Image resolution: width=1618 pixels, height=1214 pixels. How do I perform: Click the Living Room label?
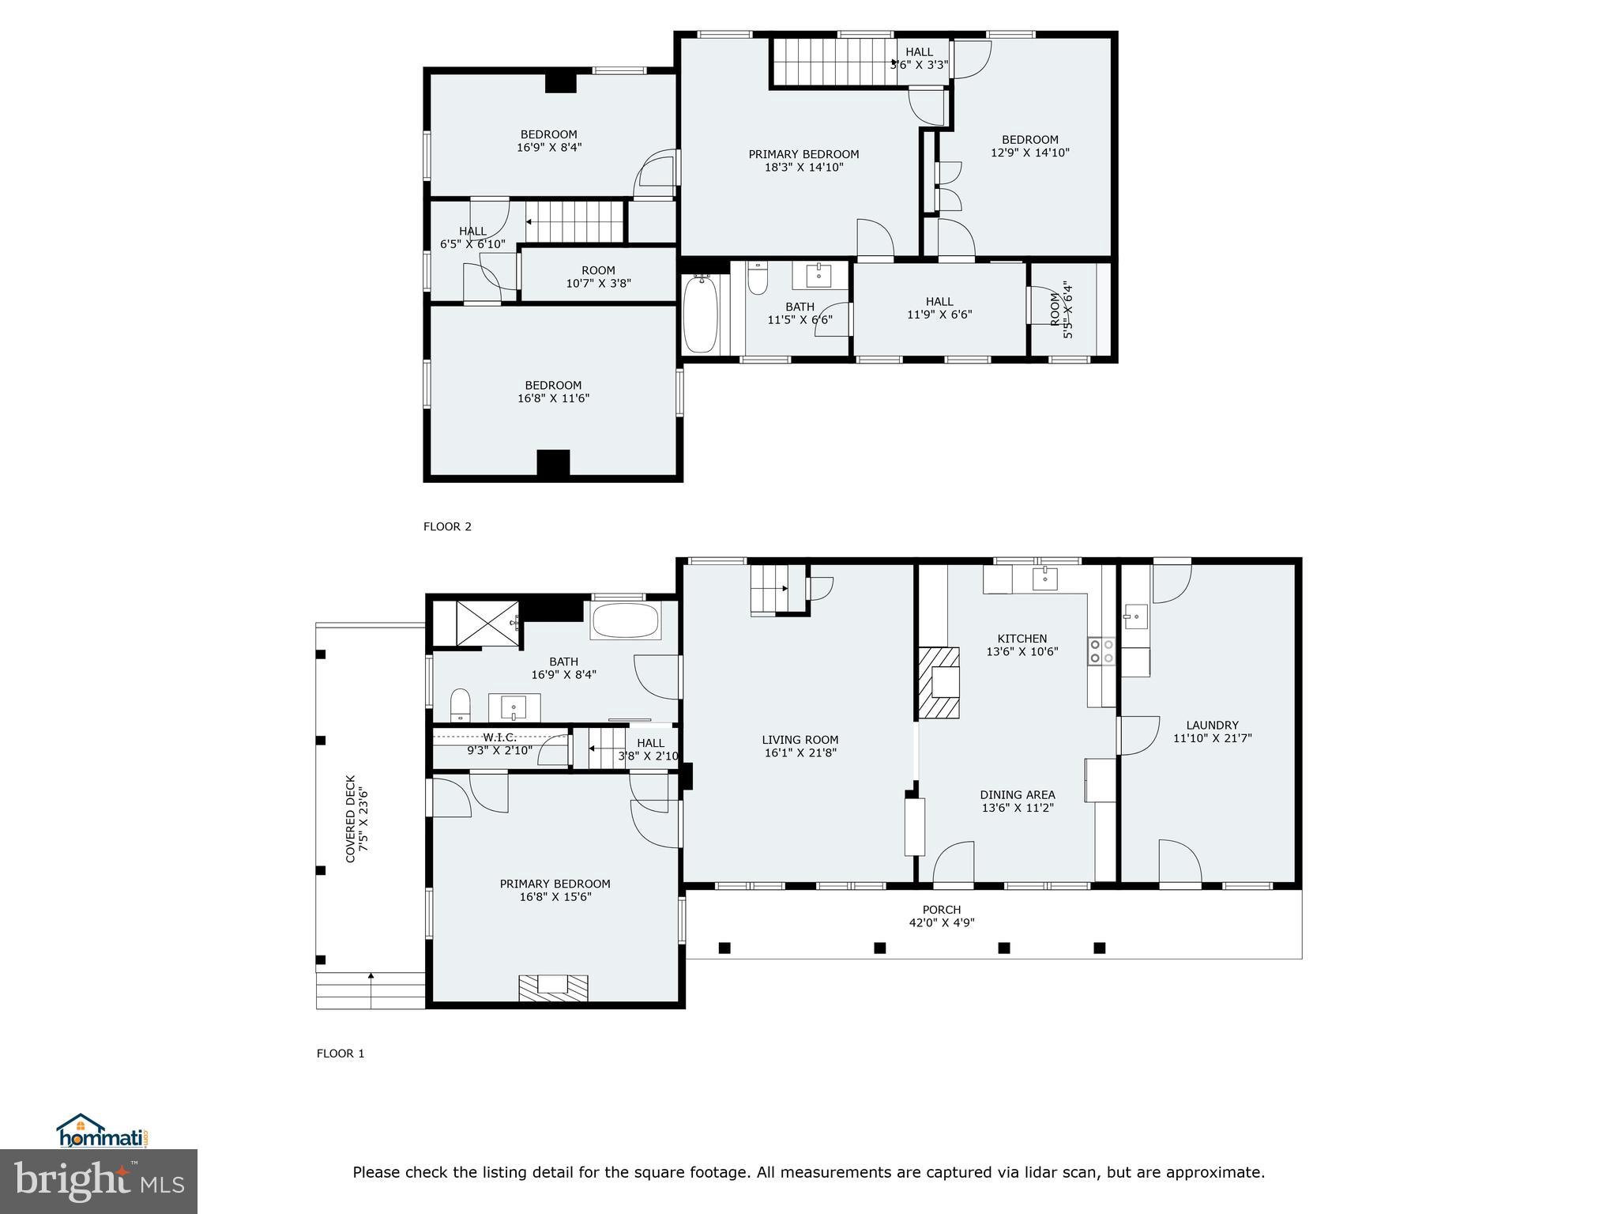800,741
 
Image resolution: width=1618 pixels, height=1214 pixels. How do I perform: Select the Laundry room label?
1212,726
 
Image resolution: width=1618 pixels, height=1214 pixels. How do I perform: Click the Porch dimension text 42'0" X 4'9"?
941,923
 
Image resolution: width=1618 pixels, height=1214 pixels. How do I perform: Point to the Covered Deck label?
351,818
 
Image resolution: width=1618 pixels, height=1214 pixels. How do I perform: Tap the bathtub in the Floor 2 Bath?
699,314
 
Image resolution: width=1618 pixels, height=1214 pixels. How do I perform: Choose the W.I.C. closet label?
499,737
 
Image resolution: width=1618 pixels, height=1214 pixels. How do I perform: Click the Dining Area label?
1017,795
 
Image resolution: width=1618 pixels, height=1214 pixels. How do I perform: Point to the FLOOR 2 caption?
447,526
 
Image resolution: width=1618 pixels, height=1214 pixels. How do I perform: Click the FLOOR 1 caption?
341,1054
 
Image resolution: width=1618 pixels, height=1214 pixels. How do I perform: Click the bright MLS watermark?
99,1182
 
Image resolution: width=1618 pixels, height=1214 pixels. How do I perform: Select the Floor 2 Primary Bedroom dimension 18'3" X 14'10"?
803,168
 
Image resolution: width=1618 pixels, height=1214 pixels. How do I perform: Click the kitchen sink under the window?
1045,579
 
